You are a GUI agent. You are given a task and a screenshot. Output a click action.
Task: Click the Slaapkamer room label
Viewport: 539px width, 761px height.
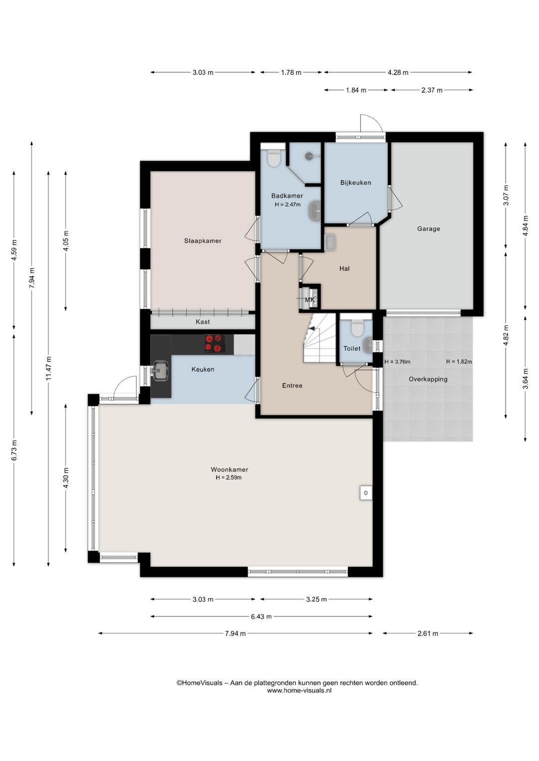coord(203,241)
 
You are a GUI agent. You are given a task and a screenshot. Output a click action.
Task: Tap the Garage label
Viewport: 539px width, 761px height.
coord(429,229)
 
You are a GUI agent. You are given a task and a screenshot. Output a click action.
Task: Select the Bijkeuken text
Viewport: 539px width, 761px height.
coord(356,183)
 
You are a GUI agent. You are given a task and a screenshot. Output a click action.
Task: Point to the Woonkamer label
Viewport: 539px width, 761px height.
coord(230,469)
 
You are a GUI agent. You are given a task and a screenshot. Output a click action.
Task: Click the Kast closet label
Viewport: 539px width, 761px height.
coord(203,322)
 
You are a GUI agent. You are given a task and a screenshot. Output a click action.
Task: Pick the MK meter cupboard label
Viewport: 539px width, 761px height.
coord(310,300)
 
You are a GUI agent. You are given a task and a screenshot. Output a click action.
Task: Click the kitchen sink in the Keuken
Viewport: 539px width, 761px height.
coord(160,370)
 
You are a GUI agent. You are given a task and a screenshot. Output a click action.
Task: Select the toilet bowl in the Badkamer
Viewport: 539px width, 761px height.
coord(274,158)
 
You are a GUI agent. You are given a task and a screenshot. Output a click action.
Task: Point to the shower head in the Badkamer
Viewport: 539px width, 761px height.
coord(308,156)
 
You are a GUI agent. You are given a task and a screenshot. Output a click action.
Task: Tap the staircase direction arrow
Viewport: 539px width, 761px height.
coord(311,329)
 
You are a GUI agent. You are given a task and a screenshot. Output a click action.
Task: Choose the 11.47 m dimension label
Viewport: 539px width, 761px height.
coord(48,368)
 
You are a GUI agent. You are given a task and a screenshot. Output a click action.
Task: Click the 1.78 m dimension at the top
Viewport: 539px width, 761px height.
coord(291,72)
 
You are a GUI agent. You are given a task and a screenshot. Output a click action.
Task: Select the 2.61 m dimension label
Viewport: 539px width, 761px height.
coord(428,633)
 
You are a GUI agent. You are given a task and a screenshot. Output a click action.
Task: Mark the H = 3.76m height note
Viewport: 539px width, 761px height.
coord(397,362)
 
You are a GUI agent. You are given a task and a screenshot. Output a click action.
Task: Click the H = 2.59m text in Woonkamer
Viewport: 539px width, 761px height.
coord(229,478)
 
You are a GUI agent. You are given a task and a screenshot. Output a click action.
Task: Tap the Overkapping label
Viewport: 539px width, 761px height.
coord(428,379)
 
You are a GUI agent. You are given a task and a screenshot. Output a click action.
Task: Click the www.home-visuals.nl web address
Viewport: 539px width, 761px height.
coord(299,691)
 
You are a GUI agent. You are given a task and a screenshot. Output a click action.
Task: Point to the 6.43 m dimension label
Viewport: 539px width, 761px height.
coord(261,616)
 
